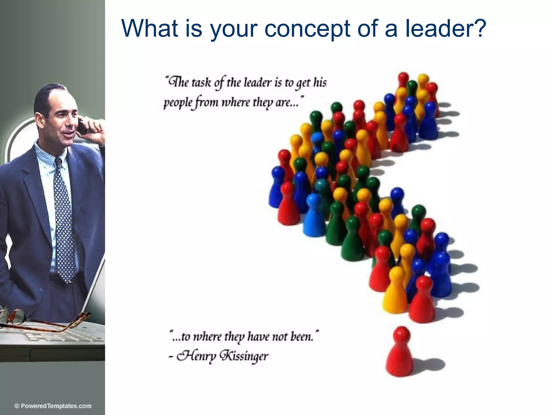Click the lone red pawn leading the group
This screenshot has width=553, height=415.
(399, 354)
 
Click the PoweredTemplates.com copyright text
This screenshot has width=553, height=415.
(53, 406)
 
